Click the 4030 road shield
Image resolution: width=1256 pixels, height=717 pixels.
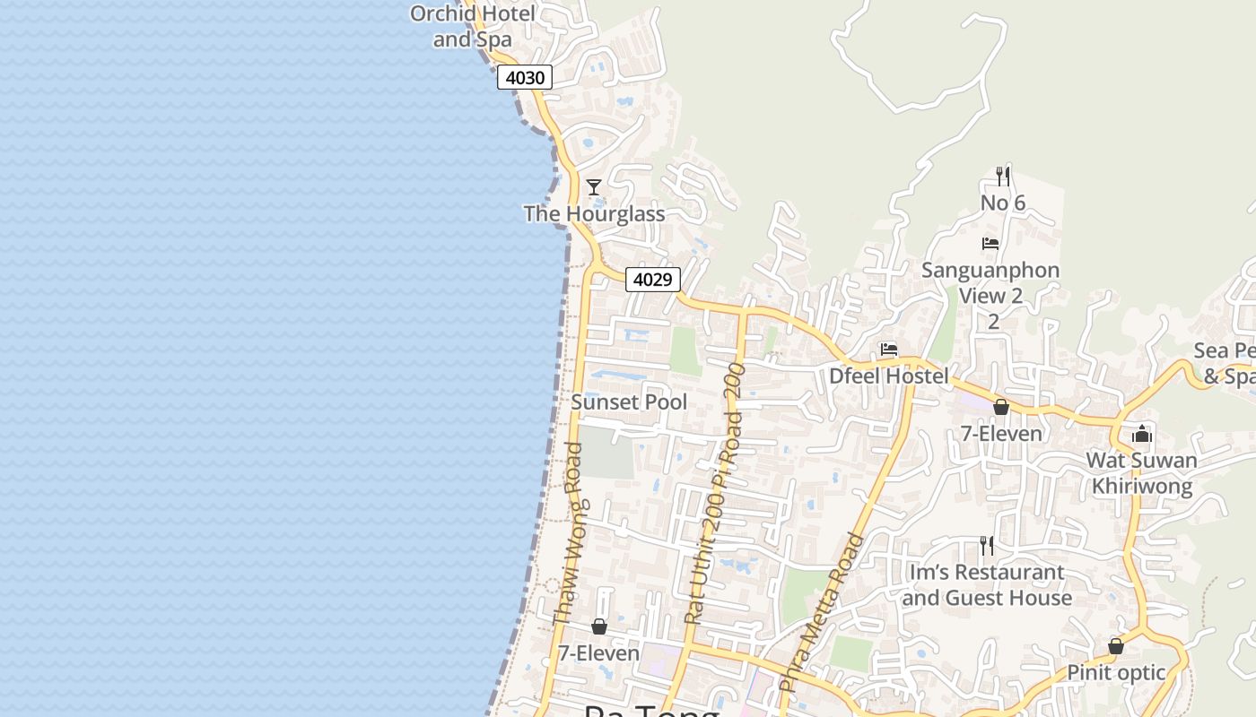pos(525,78)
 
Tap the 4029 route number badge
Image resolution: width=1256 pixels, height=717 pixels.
pos(652,280)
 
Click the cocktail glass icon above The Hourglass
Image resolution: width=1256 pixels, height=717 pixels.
pos(594,186)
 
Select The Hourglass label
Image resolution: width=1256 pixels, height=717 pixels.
pos(594,214)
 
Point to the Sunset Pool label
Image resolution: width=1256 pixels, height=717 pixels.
pos(629,402)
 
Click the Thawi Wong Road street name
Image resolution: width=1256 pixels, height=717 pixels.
pos(568,534)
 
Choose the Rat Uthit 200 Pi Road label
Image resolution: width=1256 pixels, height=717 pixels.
pos(715,494)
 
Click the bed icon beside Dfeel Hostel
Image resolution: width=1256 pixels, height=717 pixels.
pos(889,350)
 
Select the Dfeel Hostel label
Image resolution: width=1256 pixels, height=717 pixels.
pos(888,376)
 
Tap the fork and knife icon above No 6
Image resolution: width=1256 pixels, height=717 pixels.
pos(1003,176)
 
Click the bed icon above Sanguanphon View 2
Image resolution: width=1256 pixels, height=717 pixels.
pos(990,244)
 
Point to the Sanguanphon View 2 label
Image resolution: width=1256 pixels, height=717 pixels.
pos(990,283)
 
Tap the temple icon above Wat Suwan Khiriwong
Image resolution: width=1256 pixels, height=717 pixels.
pos(1141,435)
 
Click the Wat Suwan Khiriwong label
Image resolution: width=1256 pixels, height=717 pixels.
pos(1141,473)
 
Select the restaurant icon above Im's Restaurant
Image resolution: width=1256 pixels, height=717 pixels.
pos(987,545)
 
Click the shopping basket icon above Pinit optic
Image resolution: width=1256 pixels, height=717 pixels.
pos(1116,645)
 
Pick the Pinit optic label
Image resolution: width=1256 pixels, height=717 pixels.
pos(1116,672)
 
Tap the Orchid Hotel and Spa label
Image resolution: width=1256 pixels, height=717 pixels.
pos(473,26)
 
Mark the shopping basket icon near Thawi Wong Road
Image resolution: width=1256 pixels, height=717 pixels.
pos(598,626)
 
